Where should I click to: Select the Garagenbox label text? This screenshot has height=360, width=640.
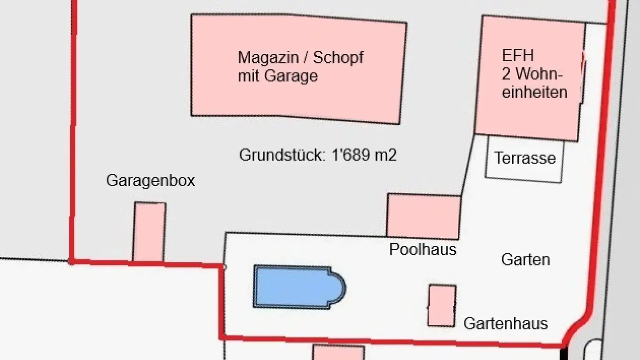click(x=150, y=181)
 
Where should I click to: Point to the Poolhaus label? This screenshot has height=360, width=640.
click(x=423, y=249)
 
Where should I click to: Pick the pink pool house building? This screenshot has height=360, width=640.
click(x=423, y=216)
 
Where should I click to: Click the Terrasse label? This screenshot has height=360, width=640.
click(x=525, y=158)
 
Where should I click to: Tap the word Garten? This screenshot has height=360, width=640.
click(x=525, y=260)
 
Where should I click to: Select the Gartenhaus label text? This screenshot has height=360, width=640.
click(x=505, y=324)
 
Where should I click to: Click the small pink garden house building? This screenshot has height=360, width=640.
click(x=442, y=306)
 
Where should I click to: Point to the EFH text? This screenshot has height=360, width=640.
click(x=518, y=56)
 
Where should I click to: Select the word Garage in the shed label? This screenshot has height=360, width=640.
click(x=291, y=76)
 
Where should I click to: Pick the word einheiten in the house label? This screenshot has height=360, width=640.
click(x=535, y=92)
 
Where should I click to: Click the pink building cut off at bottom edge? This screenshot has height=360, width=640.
click(x=338, y=353)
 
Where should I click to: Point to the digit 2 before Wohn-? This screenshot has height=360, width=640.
click(x=506, y=74)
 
